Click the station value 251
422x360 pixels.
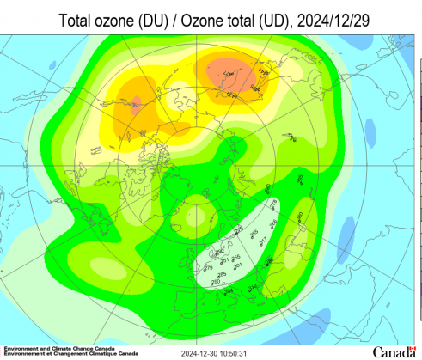coord(224,260)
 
